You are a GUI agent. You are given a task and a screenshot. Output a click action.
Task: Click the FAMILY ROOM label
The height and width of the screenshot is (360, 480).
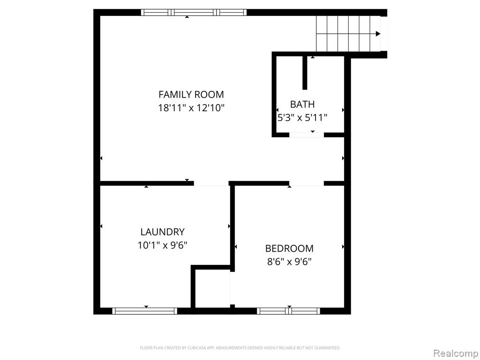pos(191,94)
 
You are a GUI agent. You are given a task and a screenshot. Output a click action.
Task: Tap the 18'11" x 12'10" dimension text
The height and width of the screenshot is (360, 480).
pos(191,108)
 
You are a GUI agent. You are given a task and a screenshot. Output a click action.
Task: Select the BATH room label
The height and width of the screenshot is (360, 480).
pos(302,105)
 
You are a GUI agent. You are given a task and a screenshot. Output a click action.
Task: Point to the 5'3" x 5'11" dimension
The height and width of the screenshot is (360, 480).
pos(302,118)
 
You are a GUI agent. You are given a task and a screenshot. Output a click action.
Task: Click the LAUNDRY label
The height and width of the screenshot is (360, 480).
pos(163,232)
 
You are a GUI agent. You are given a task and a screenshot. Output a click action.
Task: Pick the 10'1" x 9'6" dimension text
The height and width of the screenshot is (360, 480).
pos(163,245)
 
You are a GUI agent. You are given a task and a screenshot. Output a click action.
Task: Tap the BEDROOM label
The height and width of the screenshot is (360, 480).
pos(289,248)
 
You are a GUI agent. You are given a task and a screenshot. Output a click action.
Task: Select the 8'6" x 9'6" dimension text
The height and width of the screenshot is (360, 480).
pos(289,262)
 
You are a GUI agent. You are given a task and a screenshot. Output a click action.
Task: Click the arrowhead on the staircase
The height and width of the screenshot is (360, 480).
pos(378,34)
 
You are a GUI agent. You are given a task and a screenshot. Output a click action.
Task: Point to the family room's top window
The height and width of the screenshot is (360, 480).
pos(194,12)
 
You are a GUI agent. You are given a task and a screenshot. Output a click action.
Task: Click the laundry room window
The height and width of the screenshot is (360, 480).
pos(145,311)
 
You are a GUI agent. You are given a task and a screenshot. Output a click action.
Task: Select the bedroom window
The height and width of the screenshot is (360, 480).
pos(288,311)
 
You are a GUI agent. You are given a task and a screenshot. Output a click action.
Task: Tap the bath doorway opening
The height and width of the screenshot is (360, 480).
pos(307,135)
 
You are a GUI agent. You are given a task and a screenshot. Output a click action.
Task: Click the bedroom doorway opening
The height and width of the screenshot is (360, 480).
pos(307,183)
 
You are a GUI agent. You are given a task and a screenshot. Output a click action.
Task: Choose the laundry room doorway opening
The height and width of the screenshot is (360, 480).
pos(211,183)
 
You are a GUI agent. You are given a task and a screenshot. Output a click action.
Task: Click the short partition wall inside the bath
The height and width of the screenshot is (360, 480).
pos(305,73)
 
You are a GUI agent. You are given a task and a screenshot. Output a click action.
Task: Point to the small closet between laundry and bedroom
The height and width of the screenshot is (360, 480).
pos(212,289)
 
